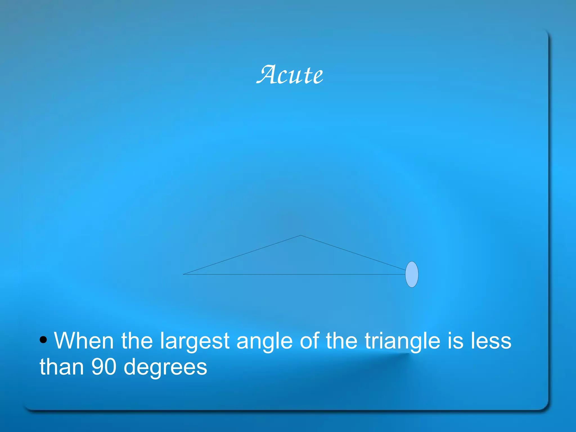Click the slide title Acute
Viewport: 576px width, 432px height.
[290, 75]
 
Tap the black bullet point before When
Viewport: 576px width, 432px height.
[43, 340]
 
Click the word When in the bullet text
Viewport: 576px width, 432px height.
[84, 341]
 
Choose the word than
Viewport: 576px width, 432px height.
[62, 367]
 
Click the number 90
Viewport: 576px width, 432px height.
[104, 367]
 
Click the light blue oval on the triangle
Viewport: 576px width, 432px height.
[412, 274]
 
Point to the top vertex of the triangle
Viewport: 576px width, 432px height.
[300, 236]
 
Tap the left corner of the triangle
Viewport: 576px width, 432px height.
[184, 274]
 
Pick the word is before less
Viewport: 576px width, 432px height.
[456, 341]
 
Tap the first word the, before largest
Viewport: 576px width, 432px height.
[137, 341]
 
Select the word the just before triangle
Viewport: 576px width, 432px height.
[341, 341]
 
